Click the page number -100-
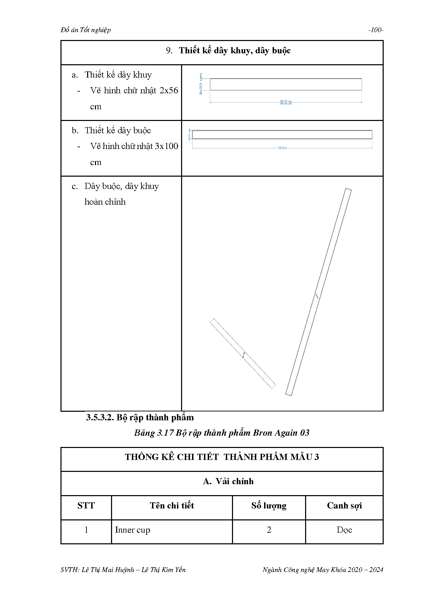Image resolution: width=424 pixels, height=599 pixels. pyautogui.click(x=375, y=30)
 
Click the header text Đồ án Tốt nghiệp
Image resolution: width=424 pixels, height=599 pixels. pyautogui.click(x=85, y=30)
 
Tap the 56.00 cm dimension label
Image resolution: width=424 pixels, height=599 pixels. pyautogui.click(x=286, y=102)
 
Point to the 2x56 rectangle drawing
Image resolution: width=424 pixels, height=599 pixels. pyautogui.click(x=286, y=84)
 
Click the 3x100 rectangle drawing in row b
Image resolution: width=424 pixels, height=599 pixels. pyautogui.click(x=282, y=135)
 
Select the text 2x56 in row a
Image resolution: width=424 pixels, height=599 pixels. pyautogui.click(x=169, y=91)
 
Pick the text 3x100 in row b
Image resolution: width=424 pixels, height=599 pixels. pyautogui.click(x=166, y=146)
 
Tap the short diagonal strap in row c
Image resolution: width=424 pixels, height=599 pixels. pyautogui.click(x=243, y=353)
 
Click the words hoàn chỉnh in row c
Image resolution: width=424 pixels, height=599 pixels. pyautogui.click(x=105, y=202)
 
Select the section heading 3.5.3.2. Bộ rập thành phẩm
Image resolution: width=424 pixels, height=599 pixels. pyautogui.click(x=140, y=417)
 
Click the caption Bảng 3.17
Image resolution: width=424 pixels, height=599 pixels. pyautogui.click(x=149, y=433)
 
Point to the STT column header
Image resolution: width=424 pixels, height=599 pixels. pyautogui.click(x=86, y=506)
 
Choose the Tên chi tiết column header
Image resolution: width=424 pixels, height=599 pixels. pyautogui.click(x=172, y=506)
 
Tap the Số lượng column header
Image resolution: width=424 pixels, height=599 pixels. pyautogui.click(x=269, y=506)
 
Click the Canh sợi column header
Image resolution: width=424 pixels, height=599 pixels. pyautogui.click(x=344, y=506)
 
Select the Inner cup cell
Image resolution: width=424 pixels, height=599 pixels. pyautogui.click(x=133, y=530)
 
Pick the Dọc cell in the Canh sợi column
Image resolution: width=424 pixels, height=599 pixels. pyautogui.click(x=344, y=530)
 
